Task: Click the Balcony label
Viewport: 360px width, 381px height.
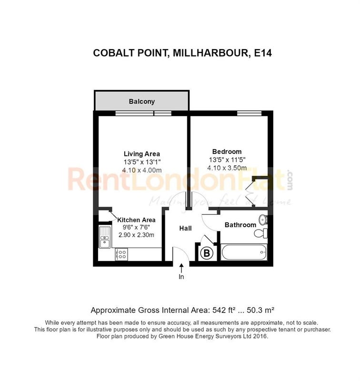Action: (x=142, y=101)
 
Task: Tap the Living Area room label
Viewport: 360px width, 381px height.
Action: (x=142, y=154)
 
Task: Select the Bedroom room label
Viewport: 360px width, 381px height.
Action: (x=227, y=151)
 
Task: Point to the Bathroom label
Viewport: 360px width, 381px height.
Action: (x=240, y=225)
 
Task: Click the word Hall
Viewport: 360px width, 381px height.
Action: (x=185, y=228)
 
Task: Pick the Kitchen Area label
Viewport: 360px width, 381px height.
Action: (x=136, y=220)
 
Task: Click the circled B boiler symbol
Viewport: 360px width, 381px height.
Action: (x=207, y=253)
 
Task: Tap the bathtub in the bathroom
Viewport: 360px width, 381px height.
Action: (x=244, y=252)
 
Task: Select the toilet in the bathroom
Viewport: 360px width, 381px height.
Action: (x=260, y=233)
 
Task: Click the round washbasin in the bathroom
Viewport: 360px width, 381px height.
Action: (x=262, y=220)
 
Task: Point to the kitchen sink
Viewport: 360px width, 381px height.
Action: (x=105, y=237)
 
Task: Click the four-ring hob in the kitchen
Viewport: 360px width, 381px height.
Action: (x=121, y=254)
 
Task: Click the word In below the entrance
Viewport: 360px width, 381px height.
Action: (x=181, y=277)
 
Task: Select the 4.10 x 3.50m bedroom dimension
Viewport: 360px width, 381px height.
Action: (x=227, y=168)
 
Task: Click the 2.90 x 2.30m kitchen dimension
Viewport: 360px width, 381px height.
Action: (x=136, y=235)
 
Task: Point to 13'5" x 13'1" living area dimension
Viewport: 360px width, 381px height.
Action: (x=142, y=162)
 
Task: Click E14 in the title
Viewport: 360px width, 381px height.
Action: (x=263, y=53)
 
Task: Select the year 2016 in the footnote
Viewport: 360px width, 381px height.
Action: (x=260, y=336)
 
